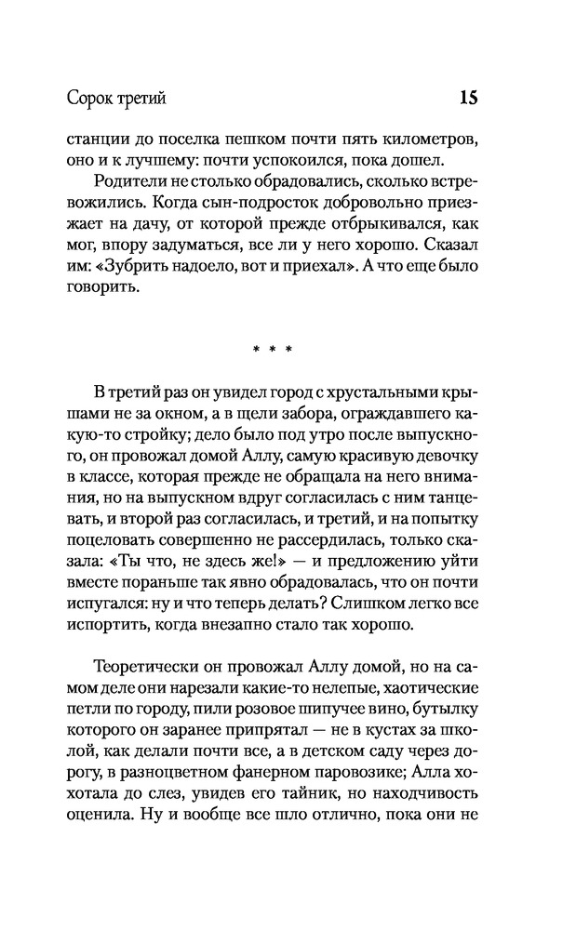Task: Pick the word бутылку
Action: coord(445,716)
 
